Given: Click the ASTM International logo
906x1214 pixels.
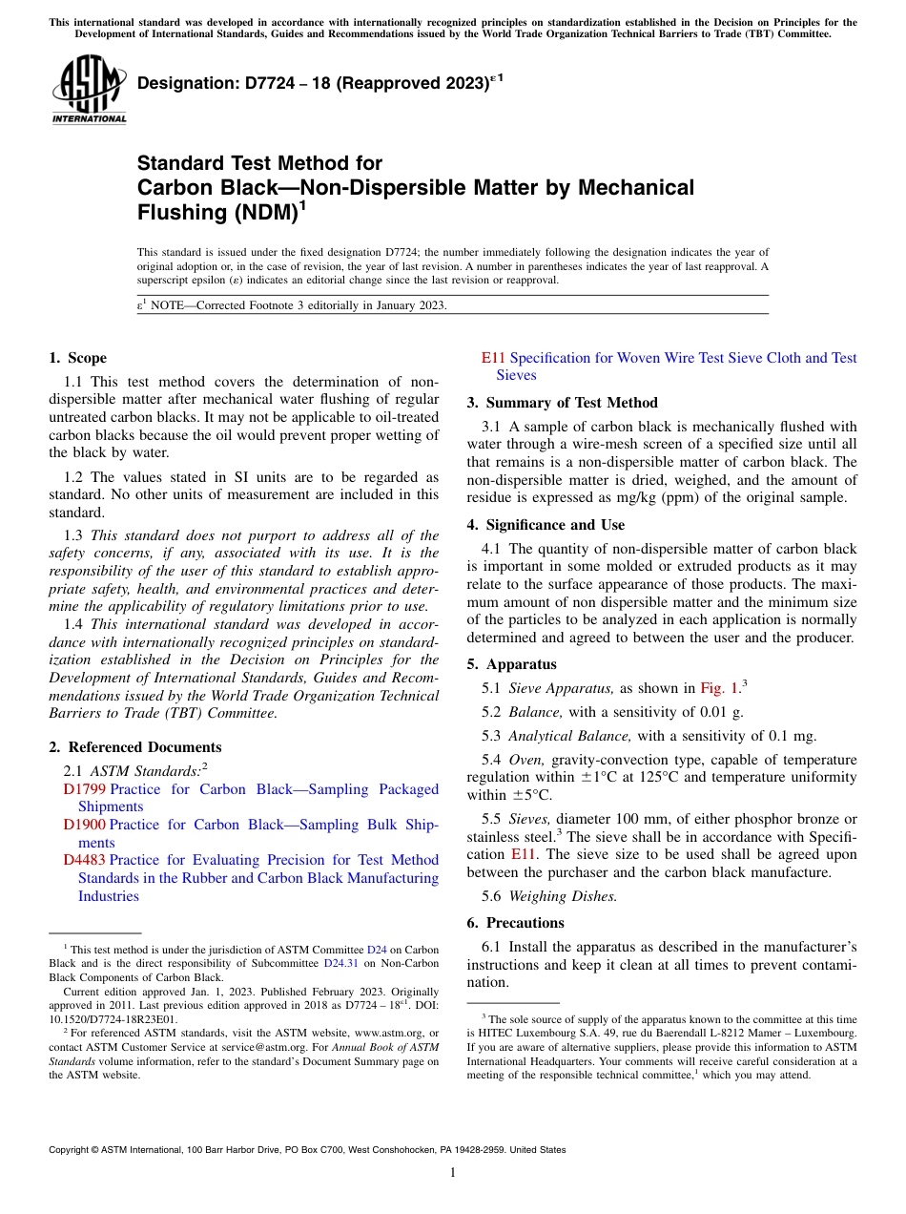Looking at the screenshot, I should (89, 92).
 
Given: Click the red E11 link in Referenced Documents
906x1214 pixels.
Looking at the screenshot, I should (493, 358).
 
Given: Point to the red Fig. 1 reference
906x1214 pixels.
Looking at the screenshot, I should (719, 688).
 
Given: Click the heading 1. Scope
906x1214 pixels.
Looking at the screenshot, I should (77, 358).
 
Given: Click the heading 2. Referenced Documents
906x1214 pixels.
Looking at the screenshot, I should (134, 747).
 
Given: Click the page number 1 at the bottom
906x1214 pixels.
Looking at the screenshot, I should (453, 1173).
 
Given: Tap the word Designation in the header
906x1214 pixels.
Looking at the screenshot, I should (183, 84).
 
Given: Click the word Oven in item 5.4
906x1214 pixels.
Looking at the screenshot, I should (525, 760).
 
